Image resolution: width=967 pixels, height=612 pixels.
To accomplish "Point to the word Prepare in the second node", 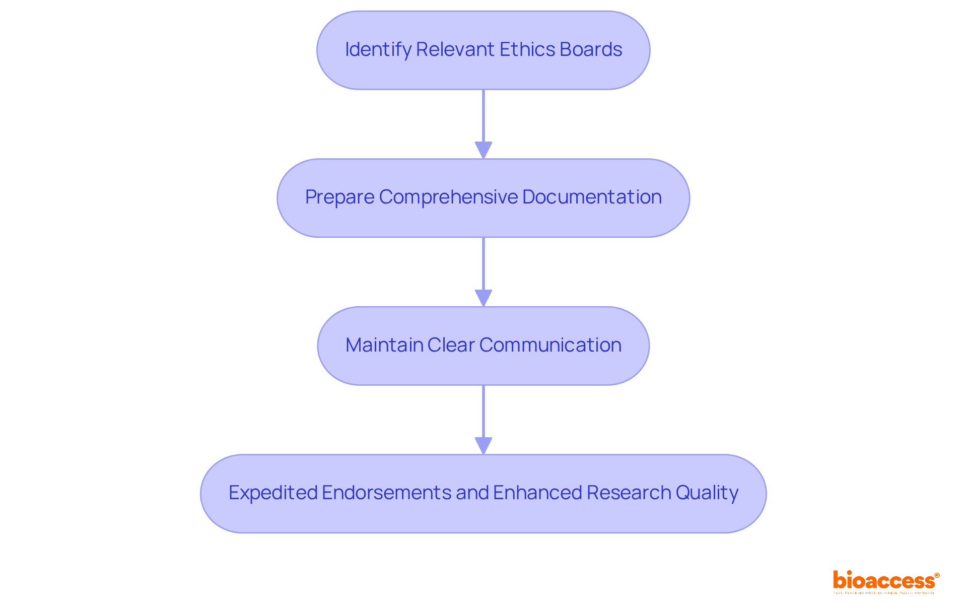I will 339,197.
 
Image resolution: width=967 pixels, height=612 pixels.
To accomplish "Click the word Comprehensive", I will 448,197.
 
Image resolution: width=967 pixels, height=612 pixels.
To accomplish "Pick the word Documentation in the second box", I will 592,197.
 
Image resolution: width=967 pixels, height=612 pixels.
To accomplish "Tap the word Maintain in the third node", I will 384,345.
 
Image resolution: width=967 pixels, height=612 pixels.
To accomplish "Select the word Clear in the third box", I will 451,345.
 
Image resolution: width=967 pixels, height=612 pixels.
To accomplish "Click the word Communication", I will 550,345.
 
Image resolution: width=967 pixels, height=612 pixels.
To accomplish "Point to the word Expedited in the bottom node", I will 272,493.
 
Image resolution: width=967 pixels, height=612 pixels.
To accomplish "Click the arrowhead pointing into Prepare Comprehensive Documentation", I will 483,150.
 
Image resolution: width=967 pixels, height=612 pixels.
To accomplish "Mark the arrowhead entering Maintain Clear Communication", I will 483,298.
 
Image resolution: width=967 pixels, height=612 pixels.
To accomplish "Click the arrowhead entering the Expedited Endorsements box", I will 483,446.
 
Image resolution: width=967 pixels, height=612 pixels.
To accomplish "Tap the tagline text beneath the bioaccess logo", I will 884,593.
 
